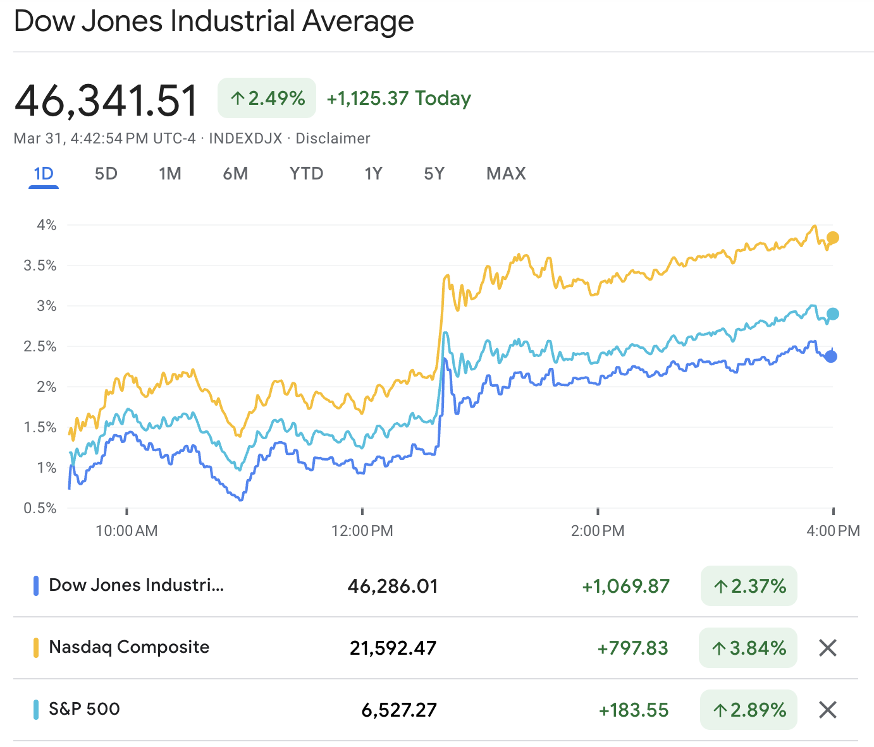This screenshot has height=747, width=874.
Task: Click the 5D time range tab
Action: coord(106,174)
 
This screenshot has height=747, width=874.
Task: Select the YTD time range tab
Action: coord(306,174)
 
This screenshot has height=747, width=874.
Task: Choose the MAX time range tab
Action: coord(506,174)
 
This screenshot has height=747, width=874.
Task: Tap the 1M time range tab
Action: coord(170,174)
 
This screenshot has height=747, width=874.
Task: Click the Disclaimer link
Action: coord(333,138)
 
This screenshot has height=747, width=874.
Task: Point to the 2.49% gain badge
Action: coord(267,98)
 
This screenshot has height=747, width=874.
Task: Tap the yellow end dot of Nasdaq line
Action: coord(833,238)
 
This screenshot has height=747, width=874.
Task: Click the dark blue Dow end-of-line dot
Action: coord(831,356)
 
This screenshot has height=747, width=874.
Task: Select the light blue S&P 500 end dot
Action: coord(833,314)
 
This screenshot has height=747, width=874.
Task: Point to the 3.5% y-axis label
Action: coord(40,265)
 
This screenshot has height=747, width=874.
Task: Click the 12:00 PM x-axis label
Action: coord(362,531)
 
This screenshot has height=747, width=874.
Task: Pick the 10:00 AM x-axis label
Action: coord(126,531)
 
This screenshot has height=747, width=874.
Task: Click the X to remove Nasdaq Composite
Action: coord(828,648)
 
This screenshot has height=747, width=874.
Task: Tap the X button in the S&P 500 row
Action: coord(828,710)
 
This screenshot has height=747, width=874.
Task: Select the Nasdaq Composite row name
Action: coord(129,647)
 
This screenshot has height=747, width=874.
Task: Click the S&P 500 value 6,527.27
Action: coord(399,710)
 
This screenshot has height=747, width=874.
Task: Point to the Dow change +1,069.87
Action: coord(625,586)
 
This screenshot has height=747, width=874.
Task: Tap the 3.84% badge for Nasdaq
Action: coord(748,648)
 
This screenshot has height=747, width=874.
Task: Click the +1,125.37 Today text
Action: coord(398,99)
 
